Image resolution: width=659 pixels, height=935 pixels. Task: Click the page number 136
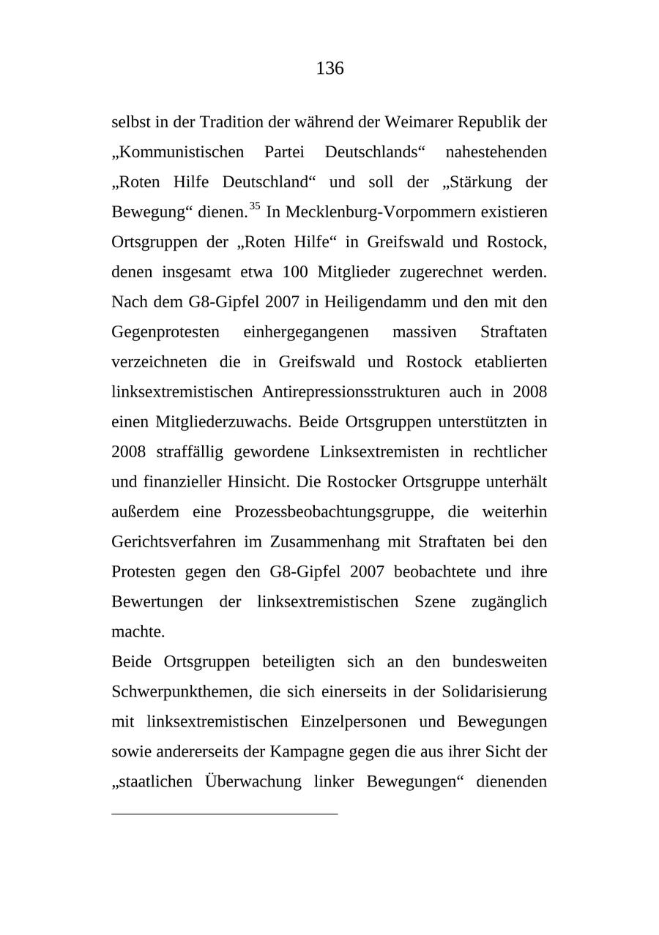tap(329, 69)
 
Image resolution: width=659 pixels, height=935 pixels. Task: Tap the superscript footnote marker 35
tap(255, 206)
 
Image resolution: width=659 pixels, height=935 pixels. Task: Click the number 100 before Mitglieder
tap(294, 272)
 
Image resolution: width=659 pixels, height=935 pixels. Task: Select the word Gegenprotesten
tap(165, 332)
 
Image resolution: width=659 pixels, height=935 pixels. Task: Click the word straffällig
tap(190, 452)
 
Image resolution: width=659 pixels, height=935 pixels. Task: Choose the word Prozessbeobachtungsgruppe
tap(334, 512)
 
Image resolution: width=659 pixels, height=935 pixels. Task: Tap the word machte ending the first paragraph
tap(138, 632)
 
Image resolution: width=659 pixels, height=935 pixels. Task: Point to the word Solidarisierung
tap(494, 692)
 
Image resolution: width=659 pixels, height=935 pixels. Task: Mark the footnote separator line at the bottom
tap(224, 814)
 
